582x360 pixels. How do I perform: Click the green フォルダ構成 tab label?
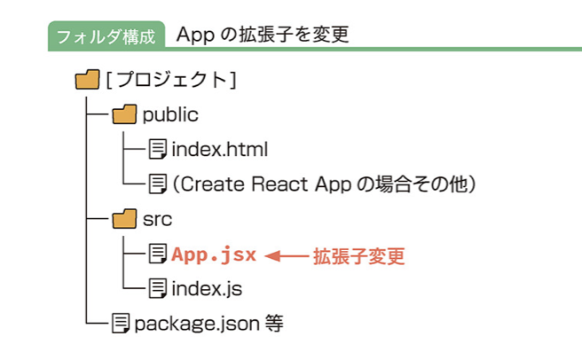(x=106, y=36)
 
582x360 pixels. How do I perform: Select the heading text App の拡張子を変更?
(x=263, y=35)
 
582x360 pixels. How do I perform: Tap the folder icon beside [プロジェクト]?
(x=87, y=80)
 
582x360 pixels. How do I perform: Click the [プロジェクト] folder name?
(x=171, y=80)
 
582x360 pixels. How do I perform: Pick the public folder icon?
(x=124, y=113)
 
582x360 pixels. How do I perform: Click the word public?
(x=170, y=114)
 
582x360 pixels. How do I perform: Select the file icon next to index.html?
(x=157, y=149)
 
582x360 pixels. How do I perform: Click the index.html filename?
(x=220, y=149)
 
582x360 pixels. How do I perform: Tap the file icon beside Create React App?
(x=157, y=184)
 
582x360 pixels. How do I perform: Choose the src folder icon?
(x=124, y=219)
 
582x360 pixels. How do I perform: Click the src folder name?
(x=157, y=219)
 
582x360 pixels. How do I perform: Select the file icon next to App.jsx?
(x=157, y=254)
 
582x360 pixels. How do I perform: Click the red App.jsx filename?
(x=214, y=255)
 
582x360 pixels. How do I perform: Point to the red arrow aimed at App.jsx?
(x=287, y=255)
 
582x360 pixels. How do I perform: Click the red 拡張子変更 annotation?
(x=358, y=256)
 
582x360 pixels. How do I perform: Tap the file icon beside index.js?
(x=157, y=288)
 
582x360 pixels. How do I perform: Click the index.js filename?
(x=207, y=289)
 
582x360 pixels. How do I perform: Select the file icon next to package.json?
(x=121, y=324)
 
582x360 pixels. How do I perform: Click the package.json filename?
(x=197, y=324)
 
